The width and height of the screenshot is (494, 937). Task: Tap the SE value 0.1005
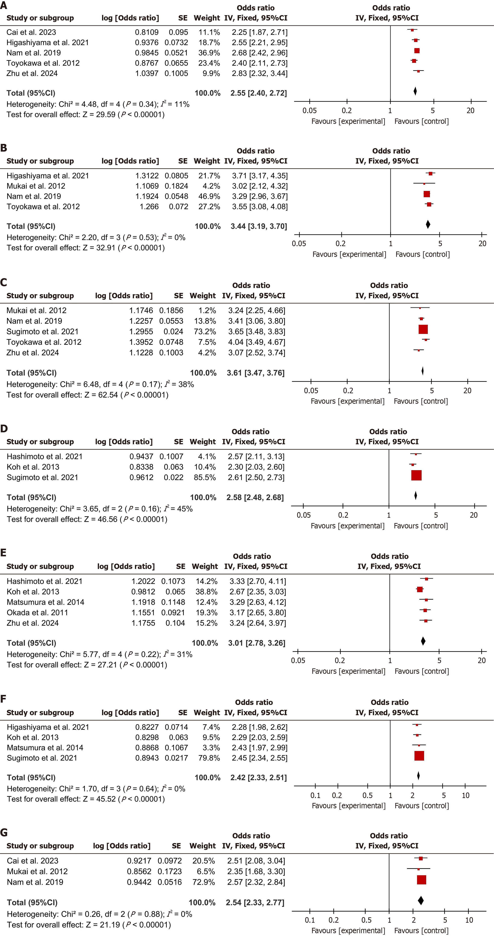click(176, 73)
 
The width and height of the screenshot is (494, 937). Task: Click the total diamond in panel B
click(428, 224)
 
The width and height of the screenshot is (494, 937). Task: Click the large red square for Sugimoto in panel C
click(423, 329)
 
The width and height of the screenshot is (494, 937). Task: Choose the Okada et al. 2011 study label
click(37, 612)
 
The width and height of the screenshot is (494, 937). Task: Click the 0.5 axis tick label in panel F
click(367, 795)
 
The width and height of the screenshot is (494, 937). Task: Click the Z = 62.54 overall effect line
click(88, 395)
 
